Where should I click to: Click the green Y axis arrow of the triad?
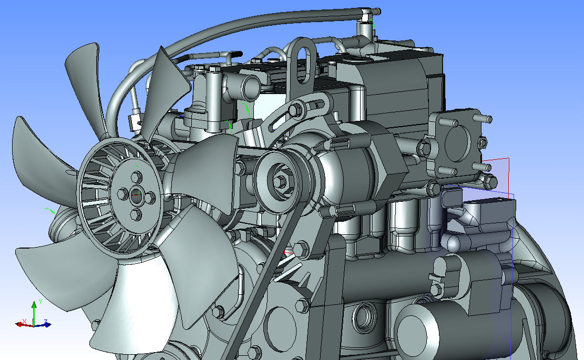[x=34, y=313]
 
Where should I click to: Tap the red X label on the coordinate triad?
[x=24, y=321]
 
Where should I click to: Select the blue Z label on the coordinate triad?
[x=45, y=321]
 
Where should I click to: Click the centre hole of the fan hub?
[x=136, y=194]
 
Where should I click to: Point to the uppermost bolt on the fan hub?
[x=136, y=177]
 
